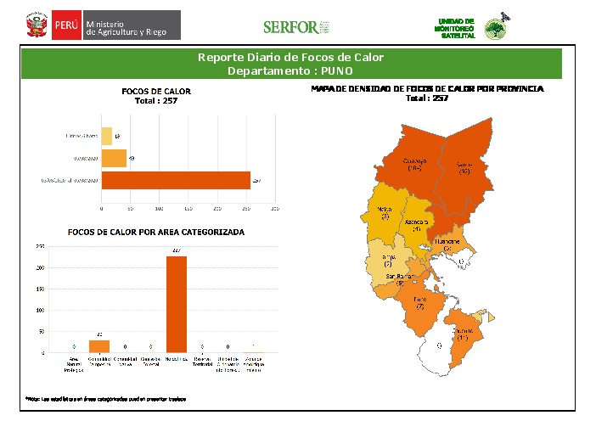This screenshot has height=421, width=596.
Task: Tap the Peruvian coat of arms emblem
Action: [x=35, y=25]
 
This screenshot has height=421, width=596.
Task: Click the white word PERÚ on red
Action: [x=66, y=25]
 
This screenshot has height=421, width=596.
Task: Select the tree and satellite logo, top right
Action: [x=494, y=28]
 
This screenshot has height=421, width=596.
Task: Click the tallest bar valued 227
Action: [x=177, y=304]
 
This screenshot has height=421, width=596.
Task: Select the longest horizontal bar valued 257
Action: [x=176, y=180]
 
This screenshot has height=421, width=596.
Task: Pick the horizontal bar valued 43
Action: [x=114, y=158]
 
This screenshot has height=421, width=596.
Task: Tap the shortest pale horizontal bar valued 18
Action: [x=107, y=136]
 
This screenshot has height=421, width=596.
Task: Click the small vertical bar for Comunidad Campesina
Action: [x=100, y=346]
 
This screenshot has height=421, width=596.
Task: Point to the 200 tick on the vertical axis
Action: [x=40, y=268]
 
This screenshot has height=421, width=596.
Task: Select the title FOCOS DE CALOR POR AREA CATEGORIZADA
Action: [x=156, y=232]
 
